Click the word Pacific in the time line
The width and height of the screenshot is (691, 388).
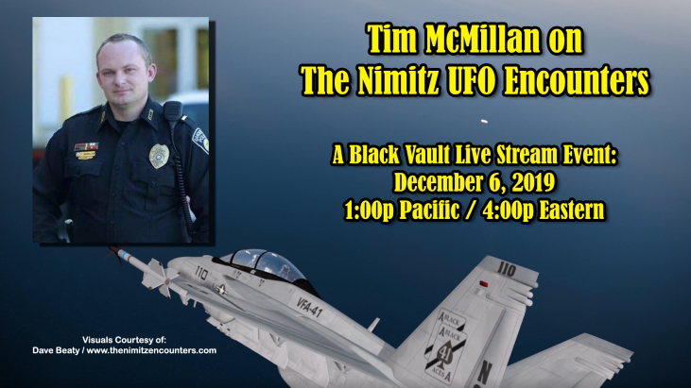[429, 210]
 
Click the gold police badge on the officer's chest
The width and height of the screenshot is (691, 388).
[159, 156]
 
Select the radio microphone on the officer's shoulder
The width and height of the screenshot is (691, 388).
[172, 111]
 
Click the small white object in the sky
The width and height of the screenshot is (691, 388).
[484, 122]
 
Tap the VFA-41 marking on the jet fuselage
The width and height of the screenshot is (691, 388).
[309, 307]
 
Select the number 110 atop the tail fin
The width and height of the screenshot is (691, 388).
[506, 268]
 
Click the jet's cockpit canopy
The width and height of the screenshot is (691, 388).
[265, 265]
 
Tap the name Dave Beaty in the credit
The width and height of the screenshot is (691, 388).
[56, 350]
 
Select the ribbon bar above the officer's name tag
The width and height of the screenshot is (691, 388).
[86, 146]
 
